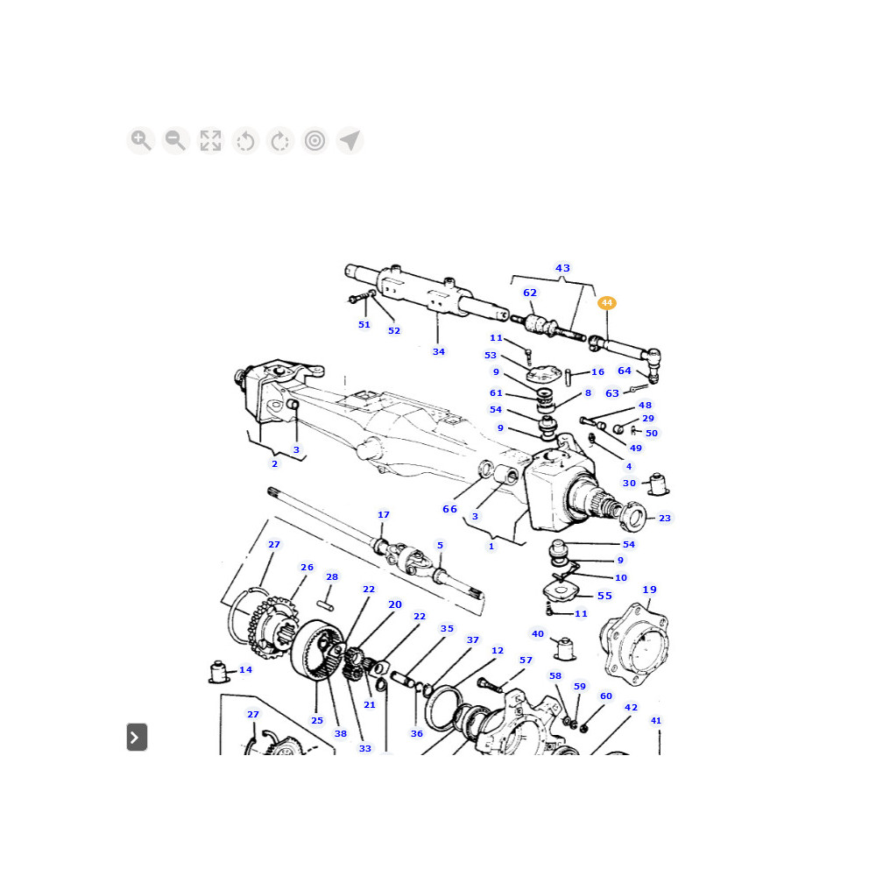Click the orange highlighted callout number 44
click(607, 303)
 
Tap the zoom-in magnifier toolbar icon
click(141, 140)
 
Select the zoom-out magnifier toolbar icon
click(175, 140)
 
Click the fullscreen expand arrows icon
click(210, 140)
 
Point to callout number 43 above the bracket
click(562, 268)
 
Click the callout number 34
click(439, 351)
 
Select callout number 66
click(449, 509)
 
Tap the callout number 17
click(384, 514)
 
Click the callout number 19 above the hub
click(649, 590)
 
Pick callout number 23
click(665, 518)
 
